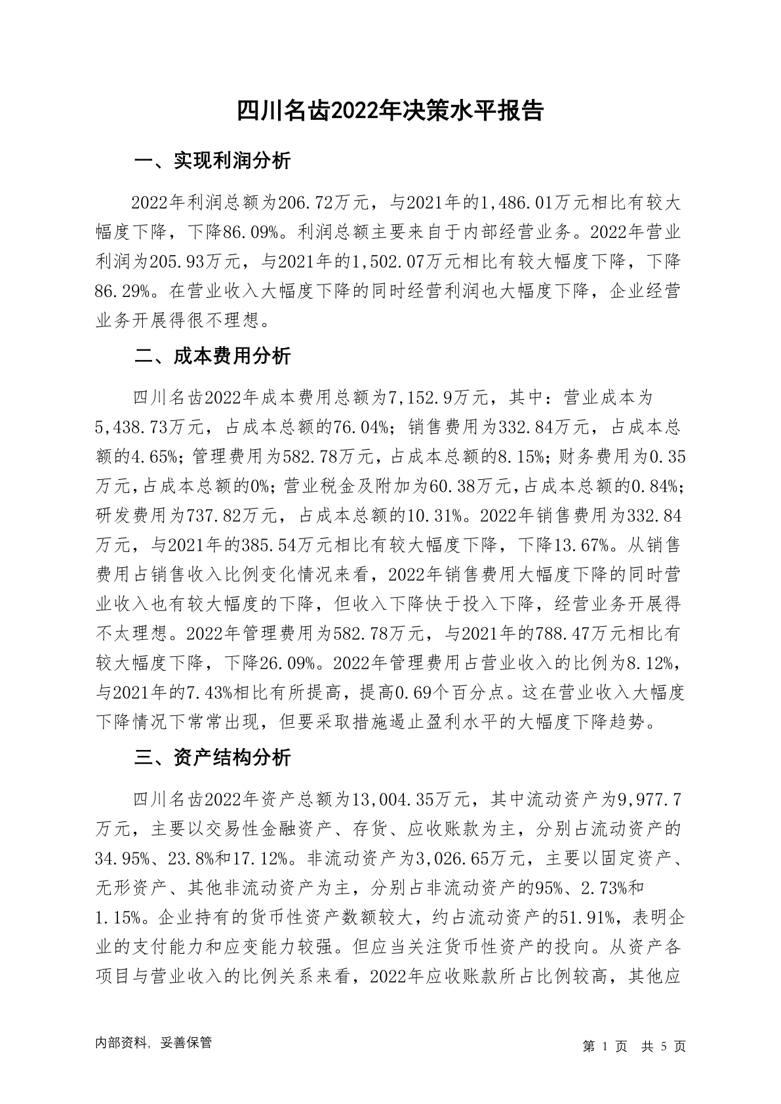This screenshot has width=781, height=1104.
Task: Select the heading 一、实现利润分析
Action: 212,161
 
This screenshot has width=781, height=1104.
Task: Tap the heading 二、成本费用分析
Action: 212,357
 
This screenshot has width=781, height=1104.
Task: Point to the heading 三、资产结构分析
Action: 212,759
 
